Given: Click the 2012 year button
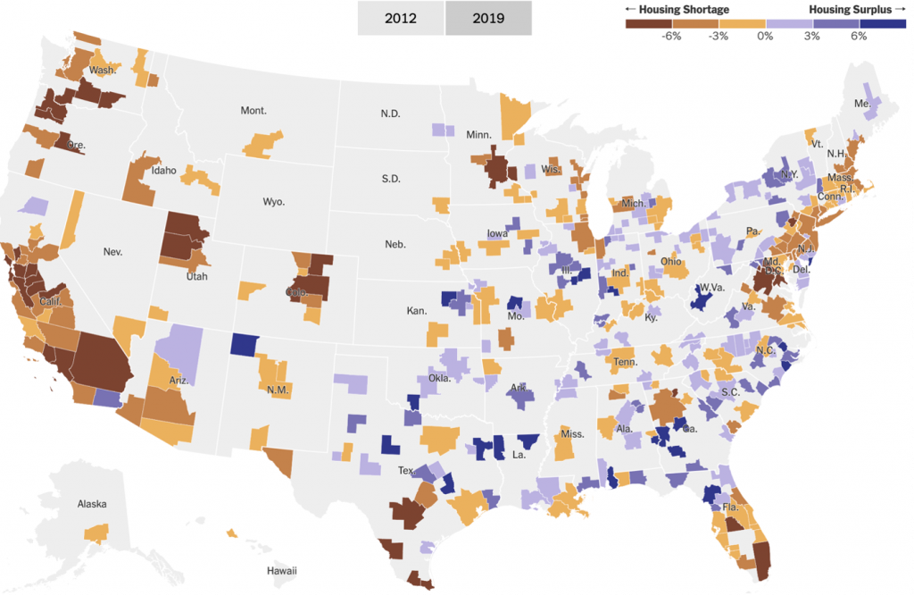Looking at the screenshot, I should point(400,18).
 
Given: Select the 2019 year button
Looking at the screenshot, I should point(488,18).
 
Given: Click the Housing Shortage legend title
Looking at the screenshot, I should point(677,10).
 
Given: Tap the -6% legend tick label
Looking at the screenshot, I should point(671,36).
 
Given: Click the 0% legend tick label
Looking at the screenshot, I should point(765,36).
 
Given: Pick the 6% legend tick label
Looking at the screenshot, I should point(859,36).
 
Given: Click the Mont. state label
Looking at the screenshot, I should point(253,111).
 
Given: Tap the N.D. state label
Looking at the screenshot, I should point(390,113).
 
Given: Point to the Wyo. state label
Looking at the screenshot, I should point(273,202).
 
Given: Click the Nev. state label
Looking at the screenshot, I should point(112,252).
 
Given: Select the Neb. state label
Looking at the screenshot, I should point(395,244).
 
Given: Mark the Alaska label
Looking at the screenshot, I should point(92,504).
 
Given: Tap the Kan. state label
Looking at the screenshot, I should point(416,311).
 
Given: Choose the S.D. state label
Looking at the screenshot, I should point(391,179).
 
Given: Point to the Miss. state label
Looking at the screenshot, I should point(572,434).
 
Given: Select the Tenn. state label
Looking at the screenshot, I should point(625,362).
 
